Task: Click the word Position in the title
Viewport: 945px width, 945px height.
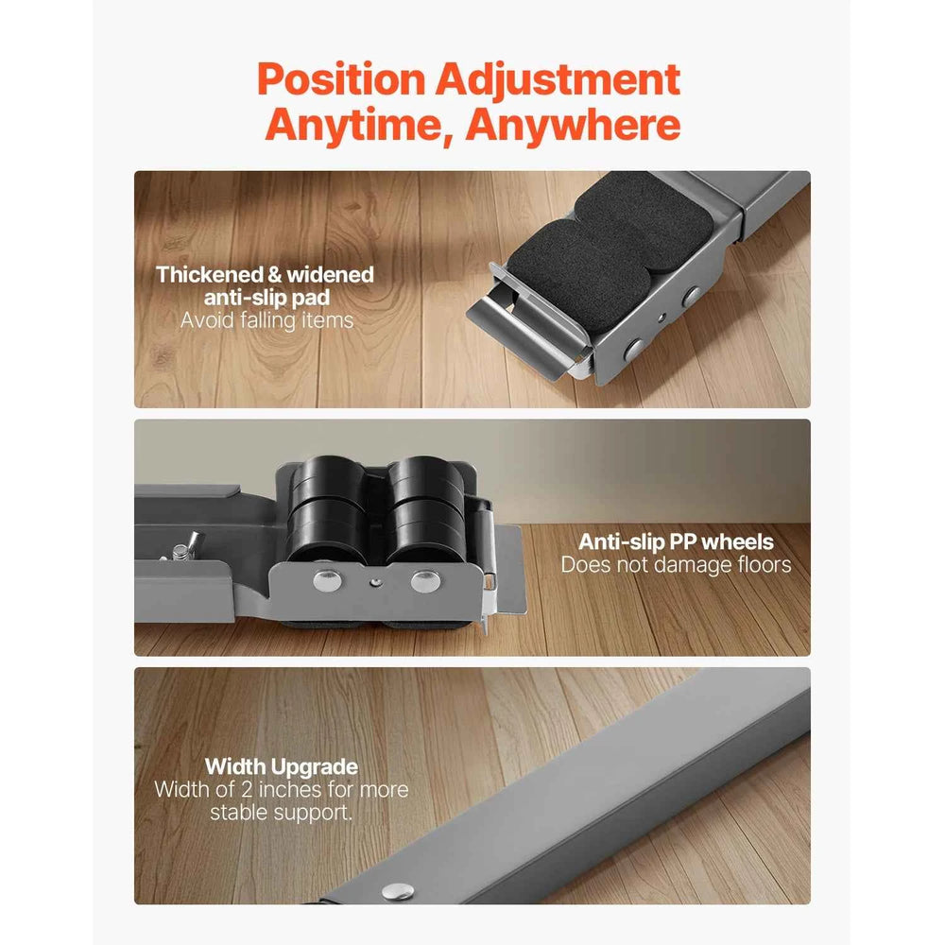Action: pos(341,79)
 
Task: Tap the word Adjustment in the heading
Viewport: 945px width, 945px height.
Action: pos(558,79)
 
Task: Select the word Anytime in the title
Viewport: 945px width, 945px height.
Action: pos(358,126)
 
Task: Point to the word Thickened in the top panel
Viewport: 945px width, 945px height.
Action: pos(210,275)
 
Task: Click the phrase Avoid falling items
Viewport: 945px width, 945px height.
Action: pos(267,320)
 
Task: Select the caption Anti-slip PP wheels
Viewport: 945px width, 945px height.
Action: pos(676,541)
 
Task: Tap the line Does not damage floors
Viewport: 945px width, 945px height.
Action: pos(676,565)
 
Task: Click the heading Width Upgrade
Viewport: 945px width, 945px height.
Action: pos(282,766)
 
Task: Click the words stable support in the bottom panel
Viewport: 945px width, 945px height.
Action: pos(281,813)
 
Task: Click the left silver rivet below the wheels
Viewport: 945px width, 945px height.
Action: pos(328,580)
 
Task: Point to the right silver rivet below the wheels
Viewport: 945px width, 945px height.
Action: pos(425,580)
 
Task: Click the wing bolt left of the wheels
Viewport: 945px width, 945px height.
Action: pos(185,546)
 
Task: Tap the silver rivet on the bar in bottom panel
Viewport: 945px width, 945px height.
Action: pos(398,891)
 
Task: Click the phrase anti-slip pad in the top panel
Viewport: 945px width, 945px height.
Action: pos(267,298)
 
